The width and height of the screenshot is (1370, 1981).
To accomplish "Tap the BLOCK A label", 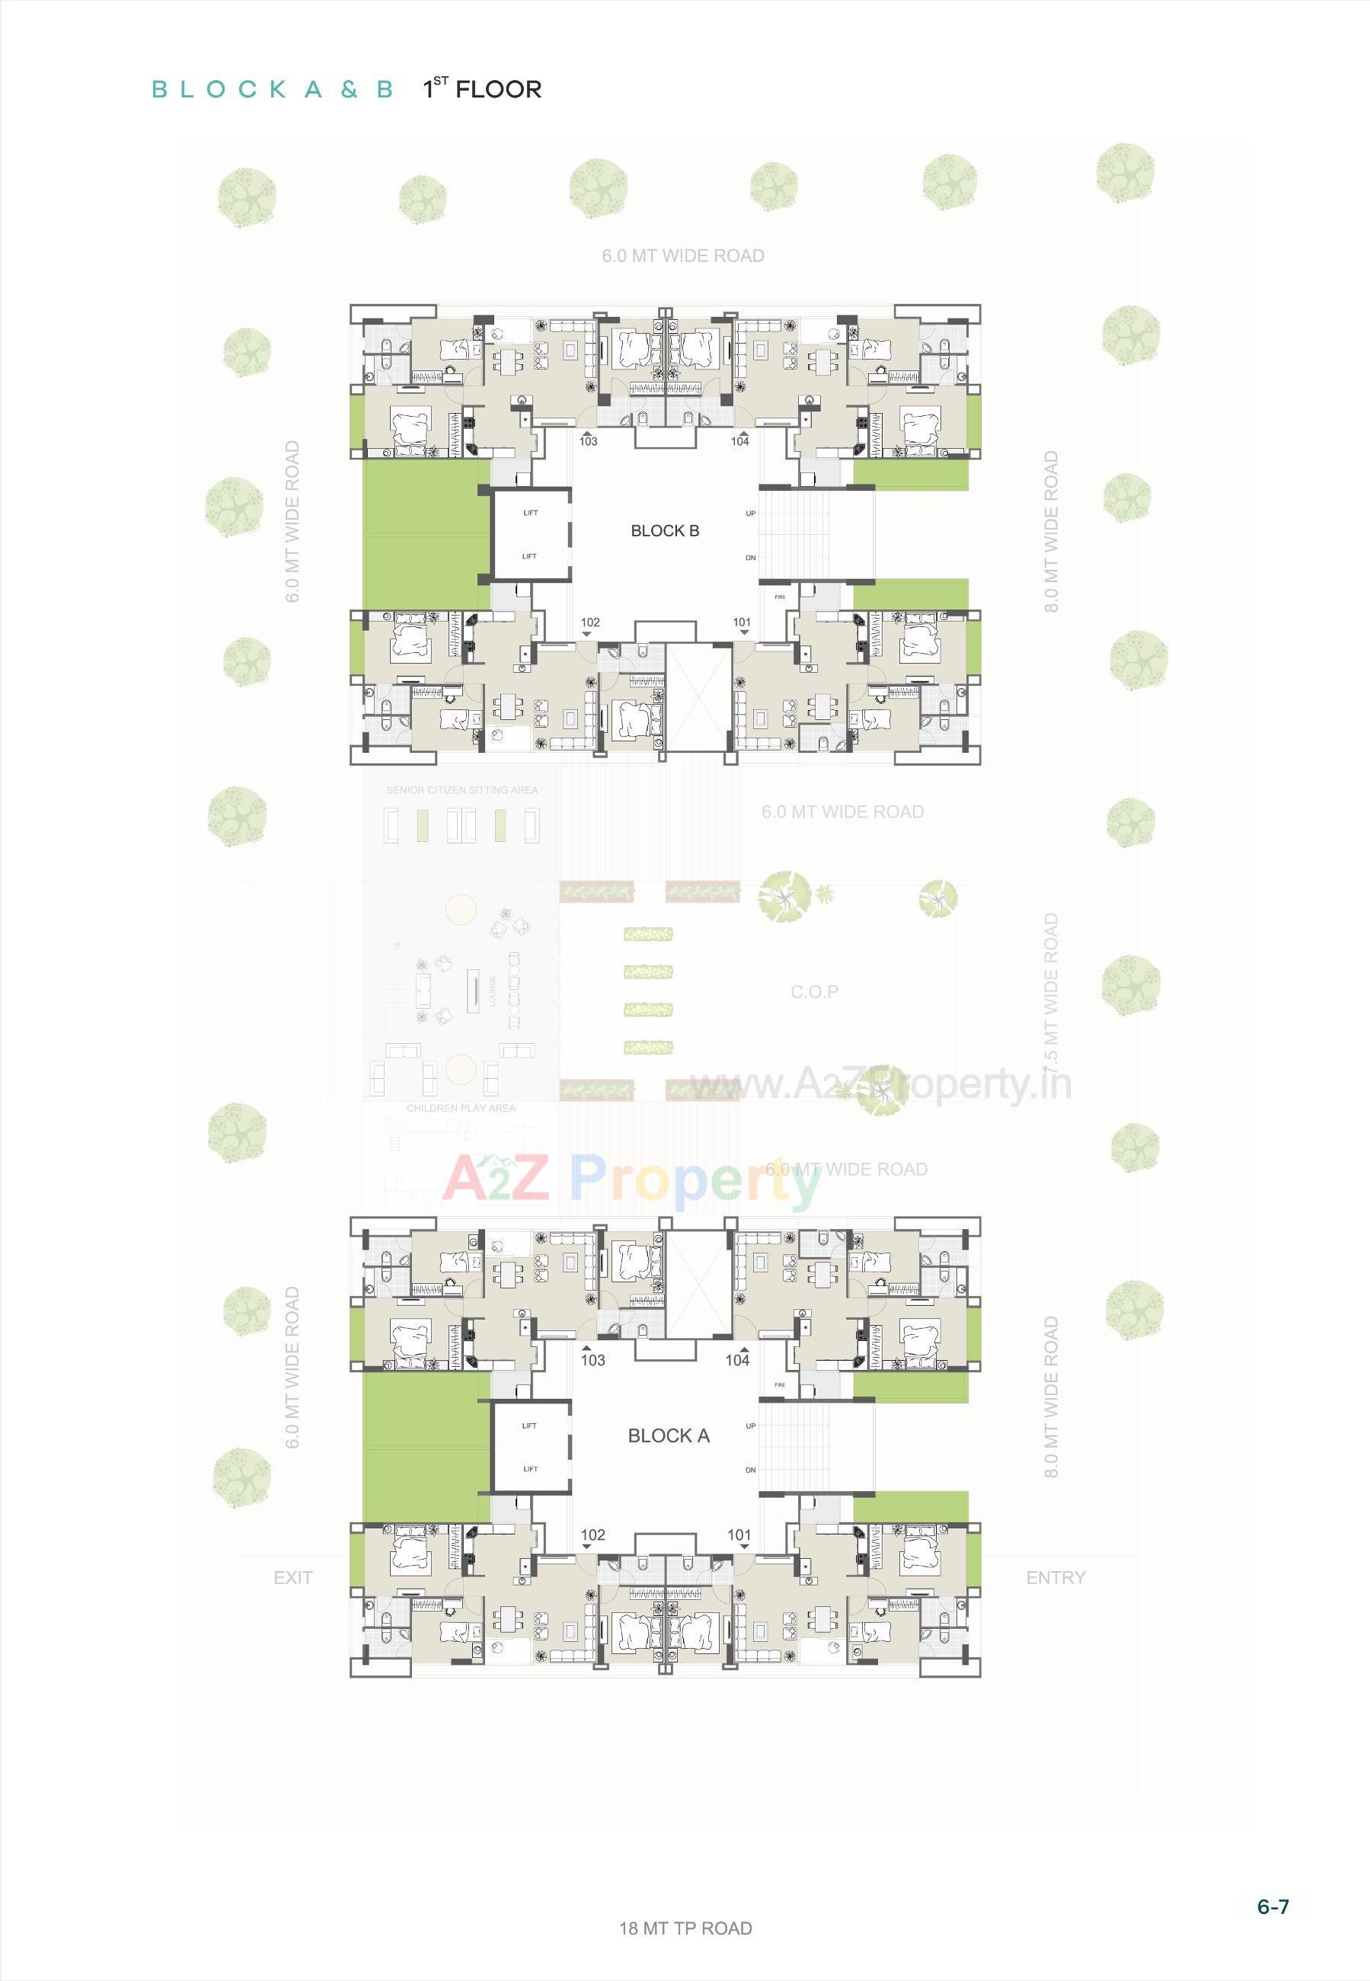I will click(669, 1435).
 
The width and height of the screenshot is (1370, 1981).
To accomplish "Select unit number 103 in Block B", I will click(588, 441).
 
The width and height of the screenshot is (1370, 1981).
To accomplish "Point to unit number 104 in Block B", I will click(740, 441).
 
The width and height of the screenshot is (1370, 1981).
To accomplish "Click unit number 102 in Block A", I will click(592, 1535).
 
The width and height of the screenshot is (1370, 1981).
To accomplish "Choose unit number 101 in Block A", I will click(739, 1535).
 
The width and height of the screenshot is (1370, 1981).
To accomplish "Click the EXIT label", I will click(292, 1577).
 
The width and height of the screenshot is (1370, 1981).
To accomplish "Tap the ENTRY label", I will click(1055, 1577).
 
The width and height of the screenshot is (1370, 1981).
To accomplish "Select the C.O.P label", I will click(815, 992).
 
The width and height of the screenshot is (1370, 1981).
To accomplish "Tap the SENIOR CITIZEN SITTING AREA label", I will click(461, 790).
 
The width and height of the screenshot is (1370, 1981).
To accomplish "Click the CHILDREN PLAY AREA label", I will click(461, 1109).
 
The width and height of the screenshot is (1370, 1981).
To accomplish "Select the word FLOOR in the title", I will click(499, 90).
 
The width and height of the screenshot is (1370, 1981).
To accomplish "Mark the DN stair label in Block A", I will click(750, 1470).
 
